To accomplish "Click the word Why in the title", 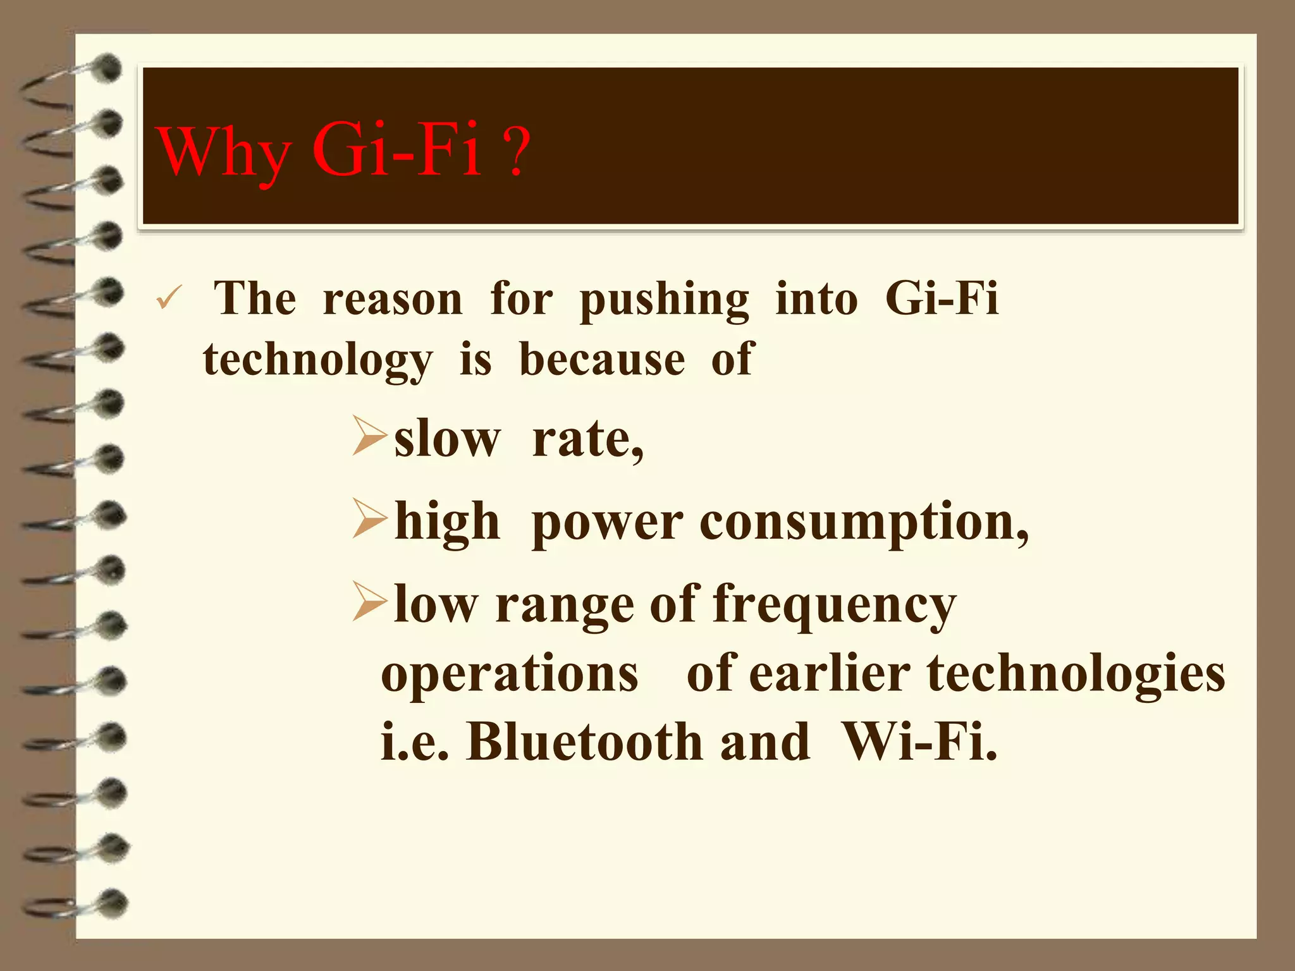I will pos(224,152).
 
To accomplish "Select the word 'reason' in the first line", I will pos(393,298).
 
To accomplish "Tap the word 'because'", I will pos(602,359).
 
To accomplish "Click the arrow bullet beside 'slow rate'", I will pos(369,436).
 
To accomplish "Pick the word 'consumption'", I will pos(864,523).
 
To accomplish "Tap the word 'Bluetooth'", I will pos(585,742).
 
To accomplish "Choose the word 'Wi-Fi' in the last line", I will pos(918,742).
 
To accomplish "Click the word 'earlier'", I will pos(830,674).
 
